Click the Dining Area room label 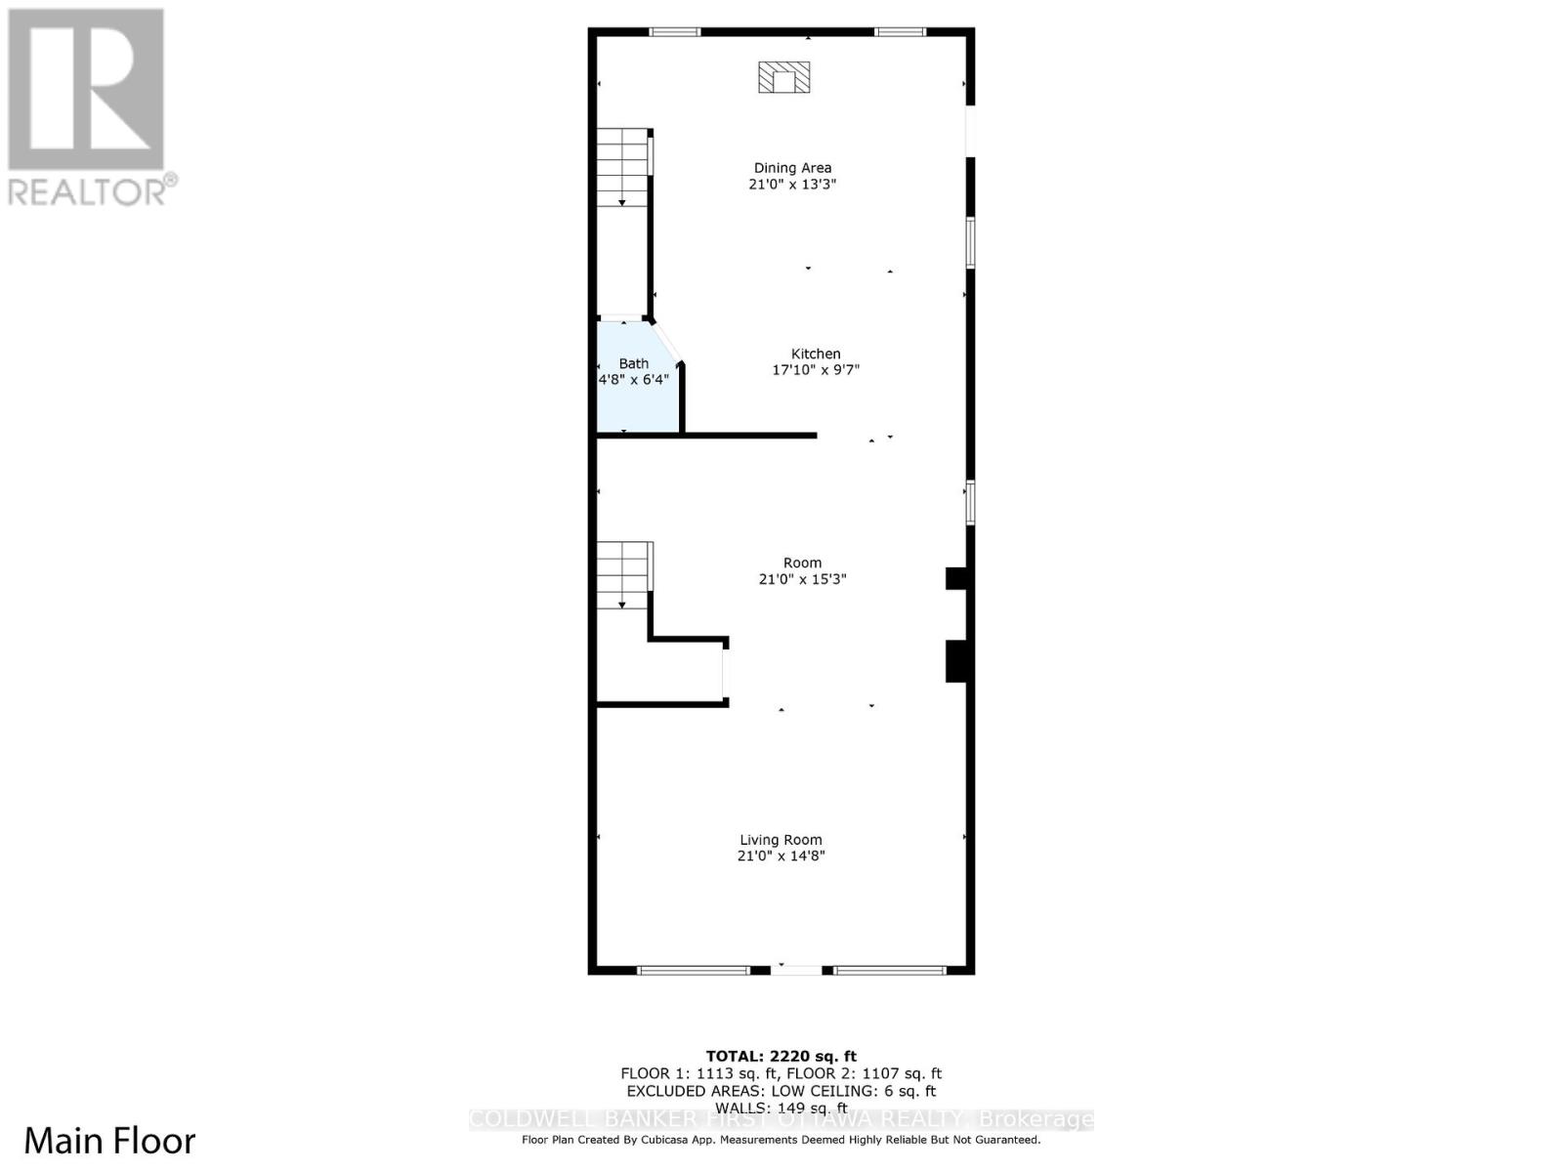[x=792, y=168]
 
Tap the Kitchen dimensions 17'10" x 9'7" [x=816, y=370]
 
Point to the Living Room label [x=781, y=840]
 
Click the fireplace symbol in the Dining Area [x=784, y=77]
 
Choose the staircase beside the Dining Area [x=623, y=166]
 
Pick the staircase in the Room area [x=623, y=575]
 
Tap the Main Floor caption [x=109, y=1141]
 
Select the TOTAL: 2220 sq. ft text [x=781, y=1056]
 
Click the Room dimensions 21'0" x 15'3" [x=802, y=579]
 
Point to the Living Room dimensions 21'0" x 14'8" [x=781, y=857]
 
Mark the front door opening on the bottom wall [x=797, y=970]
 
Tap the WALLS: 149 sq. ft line [x=781, y=1109]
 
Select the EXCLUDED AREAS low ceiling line [x=781, y=1091]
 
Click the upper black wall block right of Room [x=956, y=578]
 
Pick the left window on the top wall [x=675, y=32]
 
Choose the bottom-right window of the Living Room [x=890, y=970]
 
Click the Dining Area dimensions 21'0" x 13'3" [x=792, y=185]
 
